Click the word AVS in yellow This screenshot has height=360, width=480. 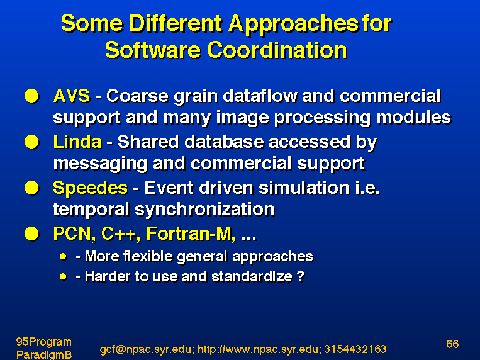click(72, 96)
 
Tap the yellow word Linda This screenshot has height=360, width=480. click(77, 142)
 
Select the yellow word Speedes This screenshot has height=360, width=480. click(90, 188)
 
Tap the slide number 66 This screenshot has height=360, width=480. click(452, 344)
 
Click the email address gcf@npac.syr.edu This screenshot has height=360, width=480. click(147, 349)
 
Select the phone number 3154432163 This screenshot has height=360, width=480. click(355, 349)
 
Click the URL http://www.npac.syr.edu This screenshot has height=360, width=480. click(259, 349)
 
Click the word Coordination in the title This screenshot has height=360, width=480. click(277, 50)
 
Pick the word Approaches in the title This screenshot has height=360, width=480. click(294, 24)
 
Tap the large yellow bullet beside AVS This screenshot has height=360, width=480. click(31, 96)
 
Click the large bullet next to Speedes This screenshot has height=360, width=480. click(31, 188)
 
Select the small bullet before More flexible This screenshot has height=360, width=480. click(64, 256)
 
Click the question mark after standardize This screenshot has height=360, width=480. click(301, 276)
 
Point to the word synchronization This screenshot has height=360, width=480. click(204, 210)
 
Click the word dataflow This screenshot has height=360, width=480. click(260, 96)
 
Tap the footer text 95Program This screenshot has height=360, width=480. click(44, 342)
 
